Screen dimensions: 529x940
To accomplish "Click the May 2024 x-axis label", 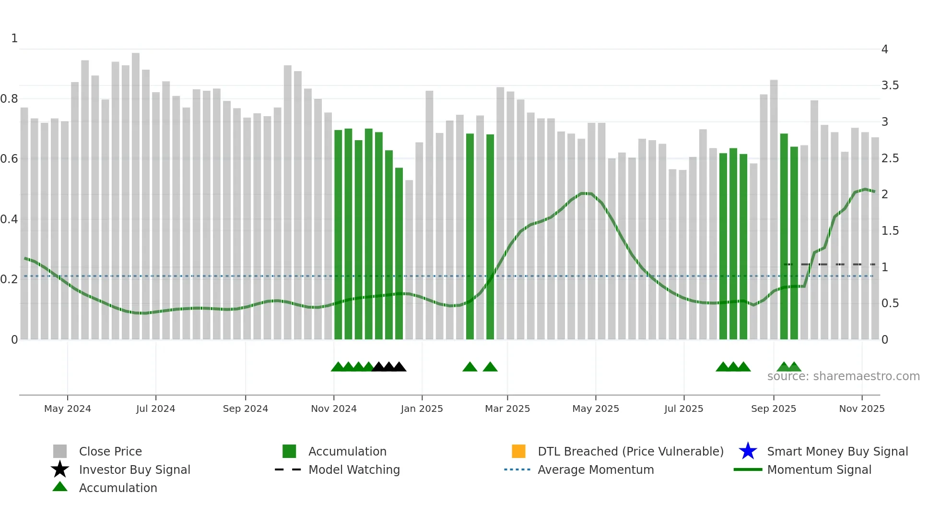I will pyautogui.click(x=67, y=409).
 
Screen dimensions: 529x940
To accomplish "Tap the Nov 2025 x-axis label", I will pyautogui.click(x=861, y=409).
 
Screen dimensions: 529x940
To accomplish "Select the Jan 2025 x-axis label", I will pyautogui.click(x=422, y=409).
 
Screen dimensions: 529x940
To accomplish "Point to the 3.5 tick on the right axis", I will pyautogui.click(x=890, y=85).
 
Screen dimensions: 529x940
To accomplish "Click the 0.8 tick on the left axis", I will pyautogui.click(x=9, y=99).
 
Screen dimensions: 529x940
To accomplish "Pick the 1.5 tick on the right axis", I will pyautogui.click(x=890, y=231).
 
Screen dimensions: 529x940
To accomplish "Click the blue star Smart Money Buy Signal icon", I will pyautogui.click(x=748, y=451).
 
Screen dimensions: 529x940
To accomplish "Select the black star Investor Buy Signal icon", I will pyautogui.click(x=60, y=469).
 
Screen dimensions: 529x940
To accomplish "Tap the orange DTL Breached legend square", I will pyautogui.click(x=518, y=451).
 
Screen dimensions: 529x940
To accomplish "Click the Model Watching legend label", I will pyautogui.click(x=354, y=469).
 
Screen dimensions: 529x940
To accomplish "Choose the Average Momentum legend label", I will pyautogui.click(x=596, y=469).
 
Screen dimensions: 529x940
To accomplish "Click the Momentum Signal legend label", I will pyautogui.click(x=819, y=469).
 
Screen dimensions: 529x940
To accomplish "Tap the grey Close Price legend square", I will pyautogui.click(x=60, y=451).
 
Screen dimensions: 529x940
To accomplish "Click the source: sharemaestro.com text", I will pyautogui.click(x=843, y=376).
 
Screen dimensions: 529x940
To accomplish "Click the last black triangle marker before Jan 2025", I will pyautogui.click(x=399, y=367).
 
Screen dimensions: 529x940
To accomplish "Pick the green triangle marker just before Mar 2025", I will pyautogui.click(x=490, y=367).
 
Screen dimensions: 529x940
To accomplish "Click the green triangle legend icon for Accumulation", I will pyautogui.click(x=60, y=487).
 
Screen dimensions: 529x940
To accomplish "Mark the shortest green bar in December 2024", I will pyautogui.click(x=399, y=254).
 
